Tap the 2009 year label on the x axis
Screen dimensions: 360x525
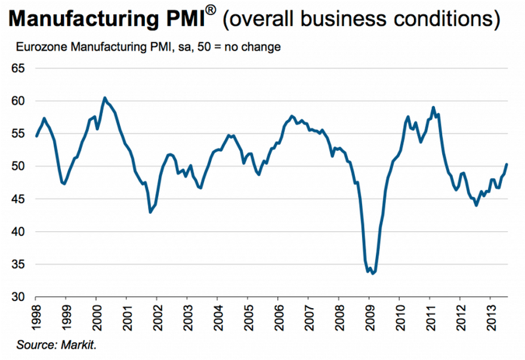[x=369, y=314]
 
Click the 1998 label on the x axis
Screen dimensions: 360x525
[x=36, y=314]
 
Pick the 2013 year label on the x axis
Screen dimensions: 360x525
[x=490, y=314]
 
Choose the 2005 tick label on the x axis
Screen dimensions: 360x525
[x=248, y=314]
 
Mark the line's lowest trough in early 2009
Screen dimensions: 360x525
[x=372, y=274]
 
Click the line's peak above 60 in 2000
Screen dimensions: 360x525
[x=104, y=98]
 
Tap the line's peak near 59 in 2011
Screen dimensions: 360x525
[x=433, y=107]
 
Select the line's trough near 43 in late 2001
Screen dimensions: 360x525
[x=150, y=212]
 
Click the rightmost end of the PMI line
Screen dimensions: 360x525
[x=507, y=165]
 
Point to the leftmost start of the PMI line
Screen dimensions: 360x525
[x=36, y=136]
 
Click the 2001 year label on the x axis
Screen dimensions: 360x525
[x=127, y=314]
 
